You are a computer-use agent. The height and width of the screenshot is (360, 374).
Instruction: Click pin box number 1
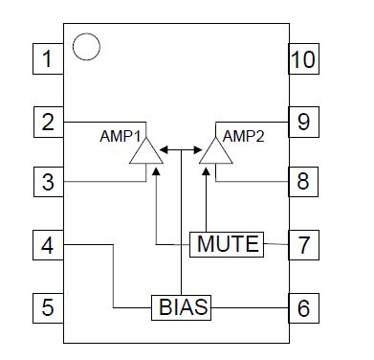click(46, 61)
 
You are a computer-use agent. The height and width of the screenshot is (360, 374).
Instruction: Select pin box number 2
click(46, 122)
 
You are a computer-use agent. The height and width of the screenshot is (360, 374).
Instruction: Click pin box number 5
click(46, 306)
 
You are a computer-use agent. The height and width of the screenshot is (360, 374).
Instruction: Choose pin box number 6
click(303, 307)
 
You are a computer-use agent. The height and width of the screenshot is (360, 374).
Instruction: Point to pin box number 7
click(303, 244)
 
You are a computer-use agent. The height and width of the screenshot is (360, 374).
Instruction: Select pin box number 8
click(303, 180)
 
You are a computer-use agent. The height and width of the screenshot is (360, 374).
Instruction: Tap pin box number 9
click(303, 122)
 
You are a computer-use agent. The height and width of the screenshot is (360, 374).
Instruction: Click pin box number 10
click(303, 61)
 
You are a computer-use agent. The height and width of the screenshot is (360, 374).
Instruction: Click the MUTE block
click(228, 244)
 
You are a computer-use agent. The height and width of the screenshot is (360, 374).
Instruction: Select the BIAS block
click(182, 307)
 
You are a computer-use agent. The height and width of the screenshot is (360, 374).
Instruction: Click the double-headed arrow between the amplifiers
click(179, 149)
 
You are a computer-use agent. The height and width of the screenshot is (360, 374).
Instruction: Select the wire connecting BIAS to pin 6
click(251, 307)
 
